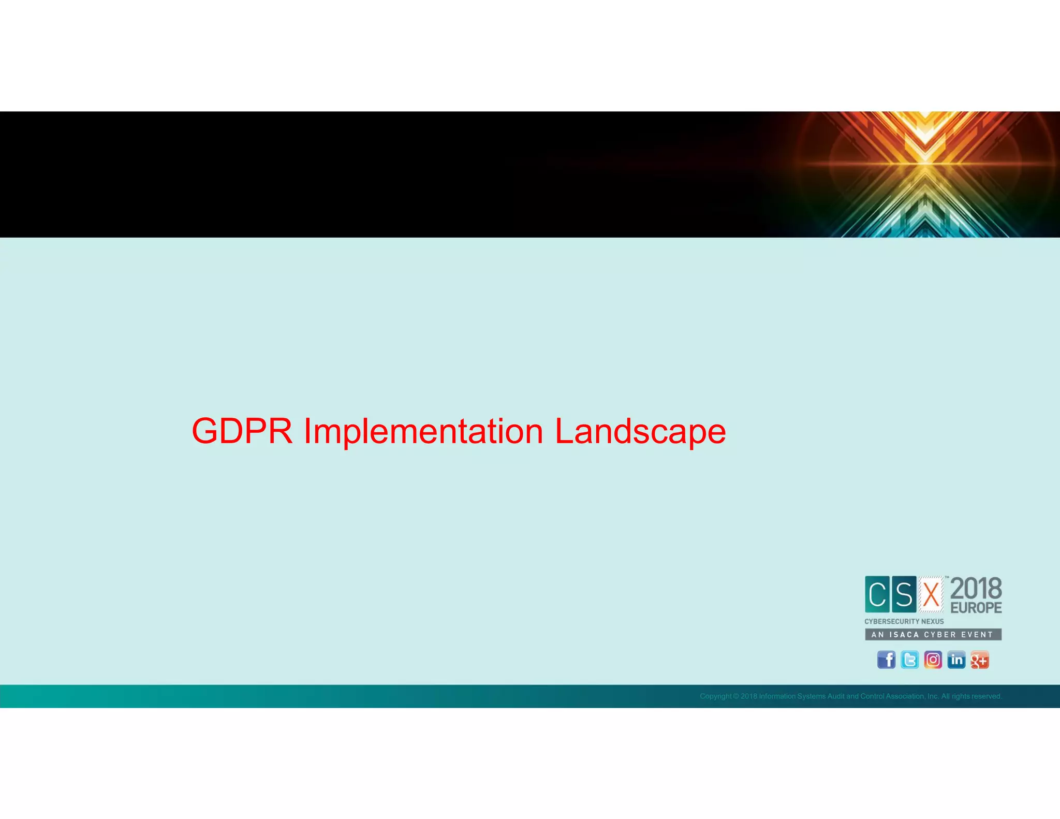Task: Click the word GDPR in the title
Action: coord(242,431)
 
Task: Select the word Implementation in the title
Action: coord(423,431)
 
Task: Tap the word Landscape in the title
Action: coord(640,431)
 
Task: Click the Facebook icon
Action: coord(886,660)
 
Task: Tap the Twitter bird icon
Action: coord(909,660)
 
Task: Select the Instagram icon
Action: coord(933,660)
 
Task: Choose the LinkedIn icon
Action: coord(956,660)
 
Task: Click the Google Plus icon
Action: coord(979,660)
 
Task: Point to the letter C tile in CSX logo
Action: coord(877,594)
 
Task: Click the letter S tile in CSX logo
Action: coord(904,594)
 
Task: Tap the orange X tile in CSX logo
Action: coord(931,594)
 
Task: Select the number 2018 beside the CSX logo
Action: coord(976,589)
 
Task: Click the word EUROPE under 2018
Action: coord(976,608)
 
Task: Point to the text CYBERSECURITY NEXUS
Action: coord(904,621)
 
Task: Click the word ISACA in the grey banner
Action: coord(904,635)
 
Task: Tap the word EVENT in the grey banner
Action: coord(977,635)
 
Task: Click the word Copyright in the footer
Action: coord(715,696)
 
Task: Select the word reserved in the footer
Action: coord(987,696)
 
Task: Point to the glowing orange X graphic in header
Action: coord(925,165)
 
